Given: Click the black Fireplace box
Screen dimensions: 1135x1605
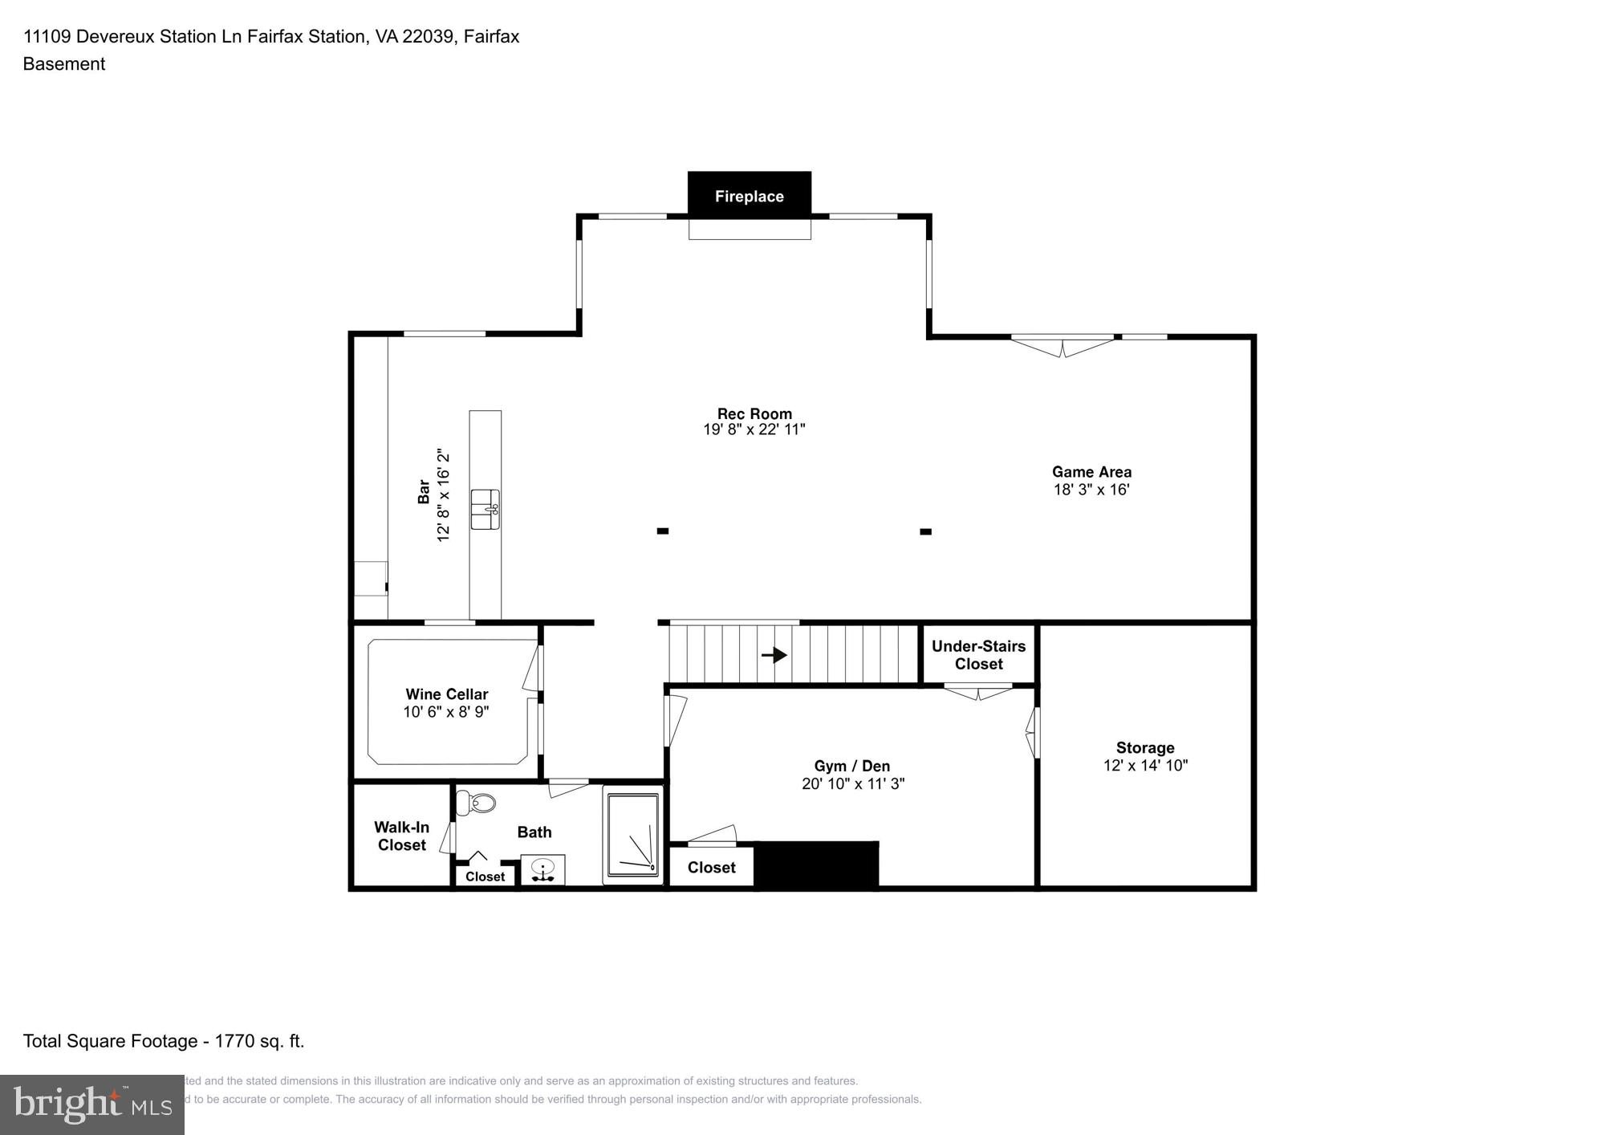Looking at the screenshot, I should coord(749,195).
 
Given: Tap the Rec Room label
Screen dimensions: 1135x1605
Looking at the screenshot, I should coord(754,413).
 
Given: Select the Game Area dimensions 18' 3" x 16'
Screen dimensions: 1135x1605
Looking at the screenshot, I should coord(1091,490).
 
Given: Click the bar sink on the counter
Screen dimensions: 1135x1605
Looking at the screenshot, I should coord(485,509).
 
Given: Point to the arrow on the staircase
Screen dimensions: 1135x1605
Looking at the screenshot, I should coord(774,655).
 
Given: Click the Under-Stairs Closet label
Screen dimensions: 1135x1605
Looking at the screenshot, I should coord(978,655).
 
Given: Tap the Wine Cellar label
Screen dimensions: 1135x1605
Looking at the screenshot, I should coord(446,694).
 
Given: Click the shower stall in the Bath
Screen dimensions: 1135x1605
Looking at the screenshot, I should coord(633,835).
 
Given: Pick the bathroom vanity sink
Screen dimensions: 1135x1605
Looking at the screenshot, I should coord(543,870).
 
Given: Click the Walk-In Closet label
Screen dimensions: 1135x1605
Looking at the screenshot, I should coord(401,836).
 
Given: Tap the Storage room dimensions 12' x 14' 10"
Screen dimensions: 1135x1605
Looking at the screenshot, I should coord(1145,766).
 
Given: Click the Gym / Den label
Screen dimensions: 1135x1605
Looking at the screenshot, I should coord(851,766).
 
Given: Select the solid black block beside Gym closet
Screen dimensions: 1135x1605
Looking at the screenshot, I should coord(817,864).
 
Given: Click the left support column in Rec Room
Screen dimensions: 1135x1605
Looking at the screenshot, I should coord(663,531).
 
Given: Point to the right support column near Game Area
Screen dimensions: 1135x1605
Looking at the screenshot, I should coord(925,531).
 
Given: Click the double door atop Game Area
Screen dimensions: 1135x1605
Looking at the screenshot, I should coord(1063,345).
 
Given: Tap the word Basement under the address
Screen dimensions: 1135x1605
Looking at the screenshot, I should coord(64,64).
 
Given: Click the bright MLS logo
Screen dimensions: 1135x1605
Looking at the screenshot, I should coord(92,1104).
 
